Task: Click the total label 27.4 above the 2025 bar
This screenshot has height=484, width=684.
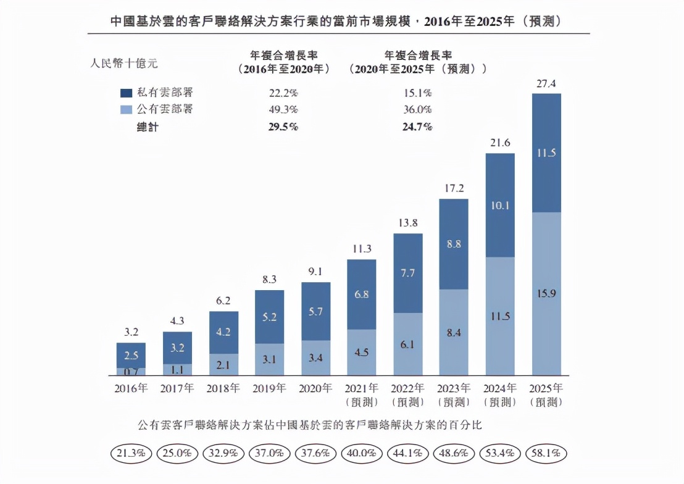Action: (x=546, y=83)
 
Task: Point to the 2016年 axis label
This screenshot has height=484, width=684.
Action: (x=131, y=389)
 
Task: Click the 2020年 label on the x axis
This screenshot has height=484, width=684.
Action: (x=315, y=389)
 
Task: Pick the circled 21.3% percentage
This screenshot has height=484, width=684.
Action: (x=131, y=453)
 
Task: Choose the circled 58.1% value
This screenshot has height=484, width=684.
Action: (x=546, y=453)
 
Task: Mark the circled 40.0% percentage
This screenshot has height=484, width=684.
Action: (x=362, y=453)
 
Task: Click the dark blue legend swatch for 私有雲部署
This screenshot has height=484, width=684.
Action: (x=126, y=93)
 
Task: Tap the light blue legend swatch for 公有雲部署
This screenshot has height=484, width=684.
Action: (x=126, y=109)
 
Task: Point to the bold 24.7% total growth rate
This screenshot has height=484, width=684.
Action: (x=418, y=127)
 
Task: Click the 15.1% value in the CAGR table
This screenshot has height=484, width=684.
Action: (x=418, y=93)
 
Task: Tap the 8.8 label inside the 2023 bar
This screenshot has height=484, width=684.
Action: (x=454, y=244)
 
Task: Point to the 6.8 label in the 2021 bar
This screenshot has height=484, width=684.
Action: (x=362, y=294)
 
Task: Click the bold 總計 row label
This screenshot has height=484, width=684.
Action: (x=148, y=127)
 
